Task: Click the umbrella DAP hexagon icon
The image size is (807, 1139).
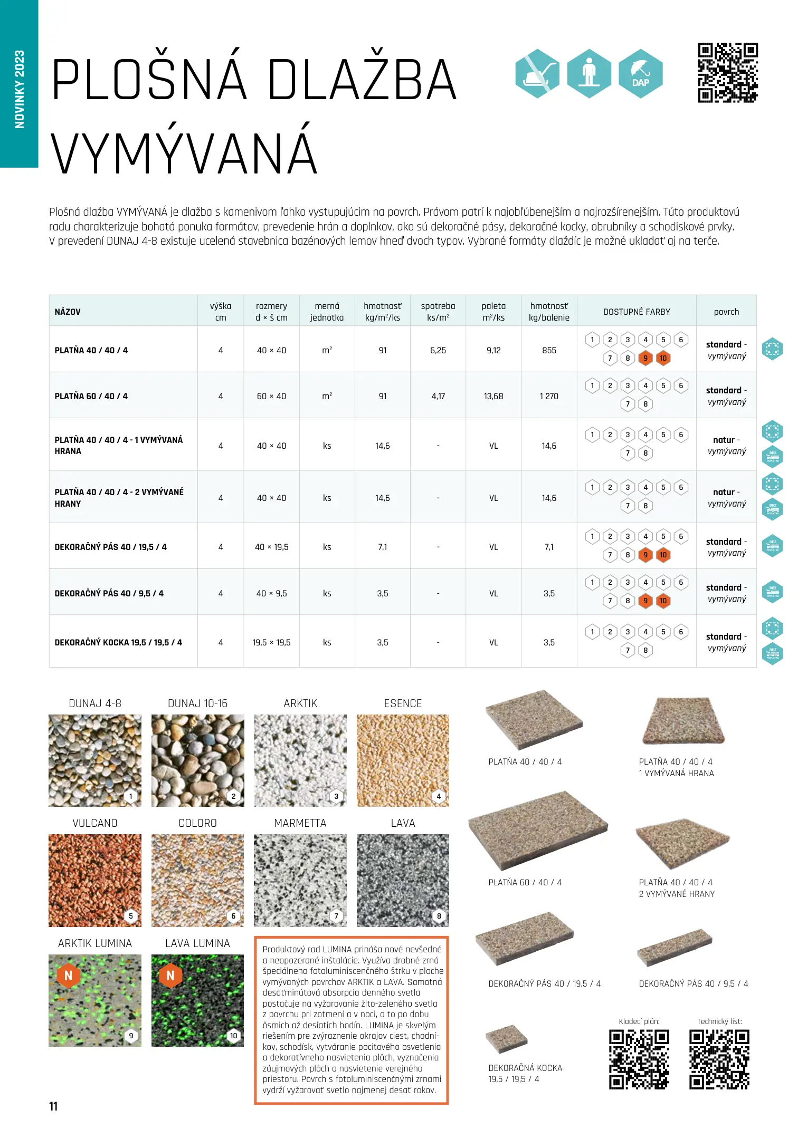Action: tap(640, 74)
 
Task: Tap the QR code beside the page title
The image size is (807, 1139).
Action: tap(728, 73)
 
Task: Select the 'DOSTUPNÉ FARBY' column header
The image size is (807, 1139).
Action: tap(637, 312)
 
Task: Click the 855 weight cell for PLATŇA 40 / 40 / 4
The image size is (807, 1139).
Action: tap(549, 350)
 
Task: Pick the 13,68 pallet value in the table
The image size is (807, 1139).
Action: tap(493, 396)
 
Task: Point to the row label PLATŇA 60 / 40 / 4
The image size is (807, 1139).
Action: tap(91, 396)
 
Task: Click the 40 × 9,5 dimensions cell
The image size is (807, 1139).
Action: tap(271, 593)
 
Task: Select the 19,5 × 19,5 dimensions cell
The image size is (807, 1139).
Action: tap(271, 642)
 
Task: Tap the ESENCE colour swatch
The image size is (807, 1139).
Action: tap(403, 760)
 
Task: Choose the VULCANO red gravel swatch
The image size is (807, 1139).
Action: tap(95, 880)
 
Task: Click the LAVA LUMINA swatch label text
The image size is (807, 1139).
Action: tap(197, 943)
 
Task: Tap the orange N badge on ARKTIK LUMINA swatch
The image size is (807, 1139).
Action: tap(68, 976)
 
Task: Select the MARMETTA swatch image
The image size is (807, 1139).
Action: tap(300, 880)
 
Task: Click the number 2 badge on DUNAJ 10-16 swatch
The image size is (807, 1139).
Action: tap(233, 796)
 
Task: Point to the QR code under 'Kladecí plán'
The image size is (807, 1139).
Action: tap(639, 1060)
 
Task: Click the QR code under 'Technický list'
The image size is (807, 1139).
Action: tap(719, 1060)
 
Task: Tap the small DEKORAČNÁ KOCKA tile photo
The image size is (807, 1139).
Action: tap(506, 1039)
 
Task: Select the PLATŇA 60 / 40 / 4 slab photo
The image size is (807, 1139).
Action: tap(537, 830)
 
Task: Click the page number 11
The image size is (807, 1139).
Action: tap(53, 1106)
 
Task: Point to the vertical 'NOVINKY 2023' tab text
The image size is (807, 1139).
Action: tap(20, 89)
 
